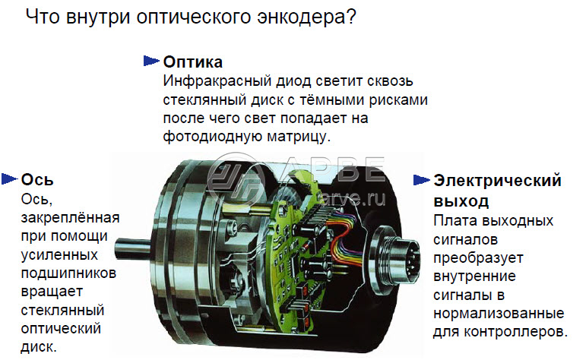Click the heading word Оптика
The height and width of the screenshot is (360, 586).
pyautogui.click(x=193, y=62)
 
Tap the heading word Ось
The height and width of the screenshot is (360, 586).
pyautogui.click(x=37, y=180)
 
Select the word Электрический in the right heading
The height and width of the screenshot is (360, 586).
pyautogui.click(x=497, y=181)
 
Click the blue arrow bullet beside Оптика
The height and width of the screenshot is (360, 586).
pyautogui.click(x=151, y=61)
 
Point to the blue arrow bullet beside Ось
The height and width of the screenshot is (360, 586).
pyautogui.click(x=10, y=179)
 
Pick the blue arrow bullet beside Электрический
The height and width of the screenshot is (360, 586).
pyautogui.click(x=422, y=180)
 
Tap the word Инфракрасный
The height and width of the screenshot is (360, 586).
pyautogui.click(x=217, y=81)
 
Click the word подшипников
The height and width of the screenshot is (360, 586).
pyautogui.click(x=68, y=273)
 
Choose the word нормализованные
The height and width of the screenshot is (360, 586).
pyautogui.click(x=499, y=314)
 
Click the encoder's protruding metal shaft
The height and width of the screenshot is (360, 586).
pyautogui.click(x=133, y=249)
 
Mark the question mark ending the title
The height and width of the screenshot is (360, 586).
pyautogui.click(x=352, y=17)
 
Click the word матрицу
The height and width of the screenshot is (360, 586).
pyautogui.click(x=299, y=137)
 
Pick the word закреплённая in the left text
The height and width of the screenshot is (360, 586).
pyautogui.click(x=70, y=218)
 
